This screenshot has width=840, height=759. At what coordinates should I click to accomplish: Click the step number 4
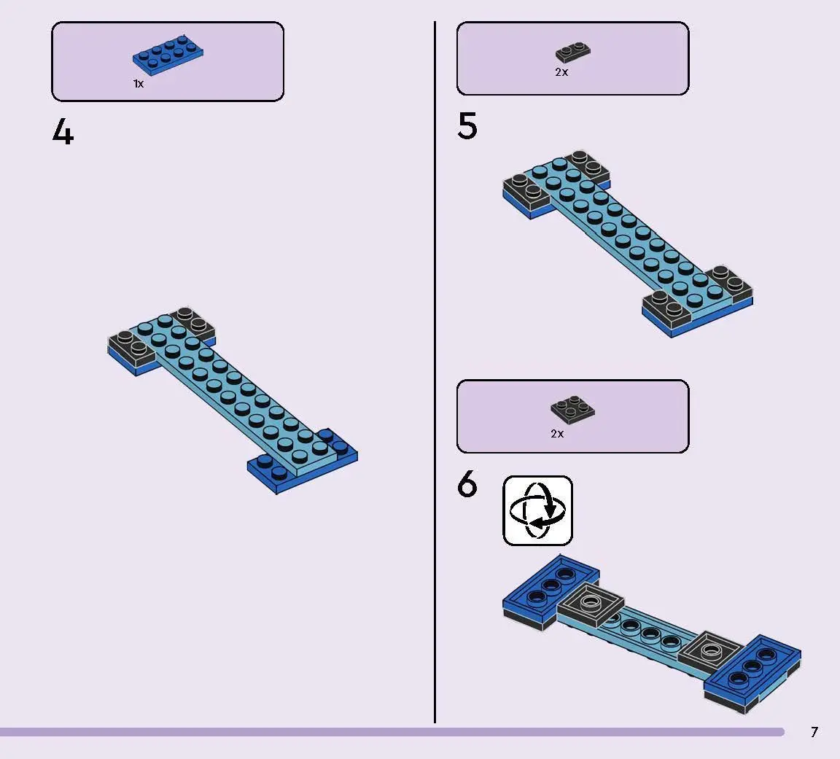pyautogui.click(x=63, y=132)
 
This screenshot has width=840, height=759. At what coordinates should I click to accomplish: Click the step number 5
pyautogui.click(x=467, y=126)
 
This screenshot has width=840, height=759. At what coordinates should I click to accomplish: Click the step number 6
pyautogui.click(x=467, y=483)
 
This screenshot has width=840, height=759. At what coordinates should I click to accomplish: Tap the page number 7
pyautogui.click(x=814, y=732)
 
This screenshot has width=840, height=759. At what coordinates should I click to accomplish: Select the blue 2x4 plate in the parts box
pyautogui.click(x=168, y=55)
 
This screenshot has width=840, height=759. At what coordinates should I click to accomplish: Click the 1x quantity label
pyautogui.click(x=139, y=84)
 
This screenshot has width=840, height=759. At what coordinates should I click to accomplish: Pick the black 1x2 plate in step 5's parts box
pyautogui.click(x=573, y=52)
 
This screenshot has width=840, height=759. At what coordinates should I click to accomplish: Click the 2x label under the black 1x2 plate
pyautogui.click(x=561, y=71)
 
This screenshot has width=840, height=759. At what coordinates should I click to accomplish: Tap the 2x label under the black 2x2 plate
pyautogui.click(x=557, y=433)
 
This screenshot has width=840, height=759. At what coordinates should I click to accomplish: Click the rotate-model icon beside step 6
pyautogui.click(x=538, y=510)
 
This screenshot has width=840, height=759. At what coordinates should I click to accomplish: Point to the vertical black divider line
pyautogui.click(x=435, y=373)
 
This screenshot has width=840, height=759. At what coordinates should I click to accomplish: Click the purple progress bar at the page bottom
pyautogui.click(x=392, y=732)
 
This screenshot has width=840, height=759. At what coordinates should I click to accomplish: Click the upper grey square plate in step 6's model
pyautogui.click(x=591, y=605)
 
